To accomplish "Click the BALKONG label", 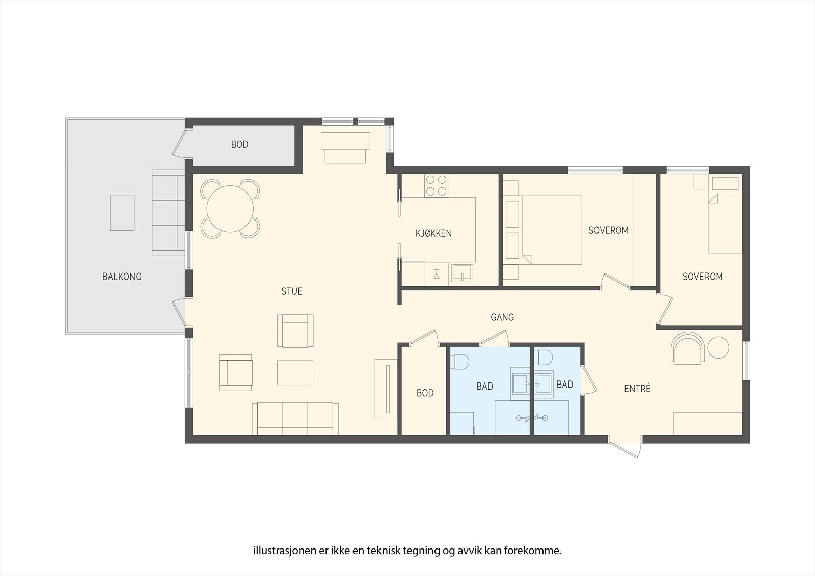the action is pyautogui.click(x=122, y=277).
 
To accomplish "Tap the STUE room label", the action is pyautogui.click(x=292, y=291).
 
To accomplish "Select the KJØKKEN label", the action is pyautogui.click(x=433, y=233).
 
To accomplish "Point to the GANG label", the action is pyautogui.click(x=502, y=317).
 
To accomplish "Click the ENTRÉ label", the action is pyautogui.click(x=637, y=389).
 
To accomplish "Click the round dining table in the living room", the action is pyautogui.click(x=230, y=209).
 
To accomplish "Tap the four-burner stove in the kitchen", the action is pyautogui.click(x=436, y=185).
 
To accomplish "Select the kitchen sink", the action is pyautogui.click(x=462, y=273).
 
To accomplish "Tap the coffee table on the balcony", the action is pyautogui.click(x=122, y=212).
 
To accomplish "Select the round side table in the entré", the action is pyautogui.click(x=718, y=347).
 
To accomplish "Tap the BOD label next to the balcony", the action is pyautogui.click(x=239, y=145).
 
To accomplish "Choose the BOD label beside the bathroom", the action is pyautogui.click(x=425, y=393).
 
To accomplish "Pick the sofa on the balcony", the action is pyautogui.click(x=169, y=212).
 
